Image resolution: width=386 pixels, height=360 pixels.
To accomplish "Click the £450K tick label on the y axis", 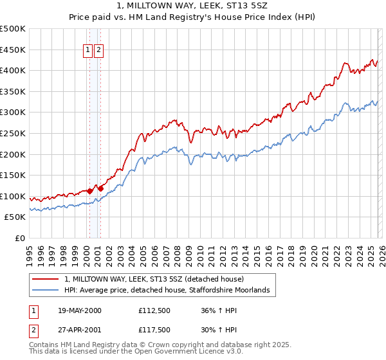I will pos(13,50).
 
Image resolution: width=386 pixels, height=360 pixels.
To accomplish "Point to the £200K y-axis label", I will pos(13,154).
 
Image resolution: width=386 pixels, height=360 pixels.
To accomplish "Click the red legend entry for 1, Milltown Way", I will pos(154,280).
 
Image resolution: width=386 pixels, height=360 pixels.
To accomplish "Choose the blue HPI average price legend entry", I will pos(170,291).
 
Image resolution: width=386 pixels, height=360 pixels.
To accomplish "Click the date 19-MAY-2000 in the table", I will pos(80,310).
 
